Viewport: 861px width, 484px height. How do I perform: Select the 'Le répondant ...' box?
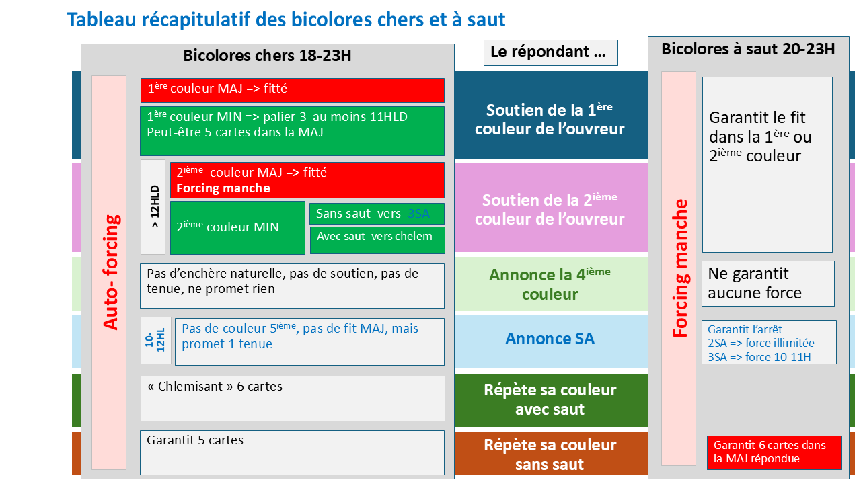pos(550,52)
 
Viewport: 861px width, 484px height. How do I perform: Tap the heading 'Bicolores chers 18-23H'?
pos(267,56)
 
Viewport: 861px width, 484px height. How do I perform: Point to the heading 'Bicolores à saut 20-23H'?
pos(748,49)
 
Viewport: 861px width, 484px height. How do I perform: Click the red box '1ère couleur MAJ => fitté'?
pos(292,90)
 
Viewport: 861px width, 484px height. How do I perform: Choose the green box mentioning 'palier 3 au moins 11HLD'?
pos(292,131)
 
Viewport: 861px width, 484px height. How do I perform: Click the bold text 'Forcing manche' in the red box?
pos(223,188)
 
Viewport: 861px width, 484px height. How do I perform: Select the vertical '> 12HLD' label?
pos(154,206)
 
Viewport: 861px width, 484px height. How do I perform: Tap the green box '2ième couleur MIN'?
pos(237,228)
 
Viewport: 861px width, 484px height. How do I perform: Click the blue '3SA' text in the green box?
pos(418,214)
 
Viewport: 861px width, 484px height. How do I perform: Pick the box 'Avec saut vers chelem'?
pos(377,241)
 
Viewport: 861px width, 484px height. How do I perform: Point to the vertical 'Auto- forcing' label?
pos(111,272)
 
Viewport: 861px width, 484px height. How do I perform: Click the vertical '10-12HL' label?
pos(155,340)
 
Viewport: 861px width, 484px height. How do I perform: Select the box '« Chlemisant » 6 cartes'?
pos(293,399)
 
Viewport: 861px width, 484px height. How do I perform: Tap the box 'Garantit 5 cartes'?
pos(292,452)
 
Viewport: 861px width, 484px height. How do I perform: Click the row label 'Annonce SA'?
pos(550,339)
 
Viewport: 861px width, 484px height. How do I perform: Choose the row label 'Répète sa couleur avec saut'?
pos(550,399)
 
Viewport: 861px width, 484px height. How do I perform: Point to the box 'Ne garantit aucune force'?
pos(768,284)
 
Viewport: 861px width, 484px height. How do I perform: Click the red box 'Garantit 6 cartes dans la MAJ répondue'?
pos(774,452)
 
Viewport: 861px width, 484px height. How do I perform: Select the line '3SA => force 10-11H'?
pos(759,357)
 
